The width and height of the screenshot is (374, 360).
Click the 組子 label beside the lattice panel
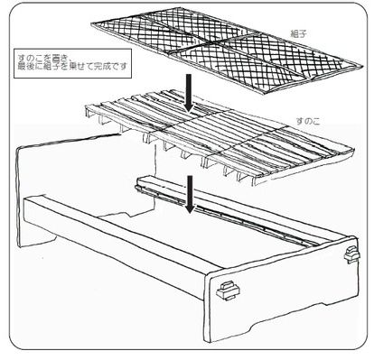(299, 33)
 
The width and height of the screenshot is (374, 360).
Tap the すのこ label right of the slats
(307, 121)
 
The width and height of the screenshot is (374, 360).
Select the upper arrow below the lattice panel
(189, 92)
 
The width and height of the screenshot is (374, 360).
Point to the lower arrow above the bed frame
(190, 194)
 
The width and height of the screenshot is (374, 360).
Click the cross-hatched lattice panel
(227, 51)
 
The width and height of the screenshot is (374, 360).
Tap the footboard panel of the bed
(282, 290)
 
